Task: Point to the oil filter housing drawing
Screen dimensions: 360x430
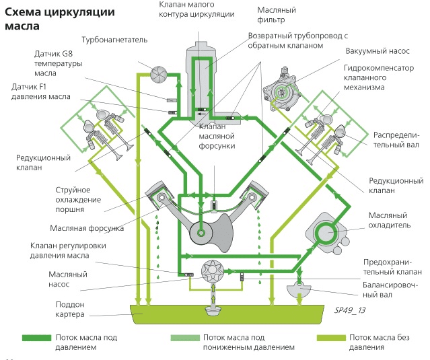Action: (202, 74)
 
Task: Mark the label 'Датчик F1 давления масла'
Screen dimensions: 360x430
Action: (41, 92)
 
